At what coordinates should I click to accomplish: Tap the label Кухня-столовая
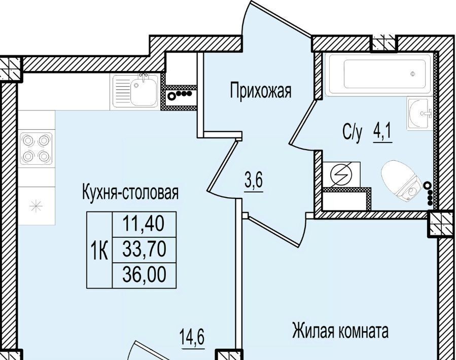(x=130, y=193)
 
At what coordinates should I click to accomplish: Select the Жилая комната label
(x=340, y=331)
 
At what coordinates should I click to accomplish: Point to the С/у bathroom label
(x=353, y=133)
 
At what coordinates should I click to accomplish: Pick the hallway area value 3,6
(x=254, y=181)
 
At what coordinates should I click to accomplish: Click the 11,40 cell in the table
(x=144, y=224)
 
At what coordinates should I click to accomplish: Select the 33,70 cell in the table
(x=144, y=250)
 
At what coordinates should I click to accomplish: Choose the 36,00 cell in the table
(x=144, y=275)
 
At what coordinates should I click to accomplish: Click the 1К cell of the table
(x=99, y=250)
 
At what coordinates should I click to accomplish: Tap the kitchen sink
(x=135, y=90)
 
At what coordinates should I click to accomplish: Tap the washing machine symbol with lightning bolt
(x=341, y=174)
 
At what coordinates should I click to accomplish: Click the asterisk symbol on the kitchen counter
(x=36, y=206)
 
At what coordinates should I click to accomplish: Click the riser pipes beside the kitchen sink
(x=179, y=94)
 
